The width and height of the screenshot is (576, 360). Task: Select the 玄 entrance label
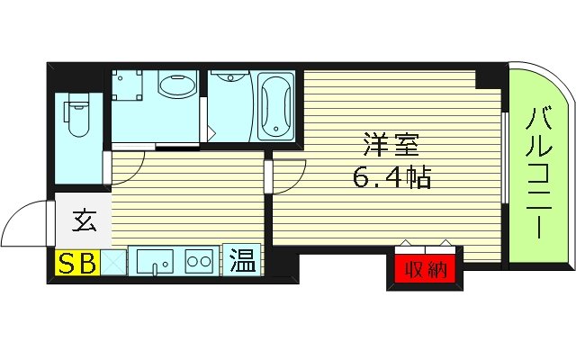pyautogui.click(x=84, y=219)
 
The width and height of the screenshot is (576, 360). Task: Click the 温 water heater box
pyautogui.click(x=242, y=261)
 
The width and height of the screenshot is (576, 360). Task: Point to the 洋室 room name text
pyautogui.click(x=388, y=144)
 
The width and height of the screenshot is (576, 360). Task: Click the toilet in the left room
pyautogui.click(x=76, y=117)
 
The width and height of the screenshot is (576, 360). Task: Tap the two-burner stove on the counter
pyautogui.click(x=199, y=263)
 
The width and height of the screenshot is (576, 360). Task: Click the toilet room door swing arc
pyautogui.click(x=127, y=166)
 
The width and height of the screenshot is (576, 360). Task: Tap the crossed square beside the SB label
pyautogui.click(x=113, y=264)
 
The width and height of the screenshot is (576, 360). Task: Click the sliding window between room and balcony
pyautogui.click(x=505, y=171)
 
